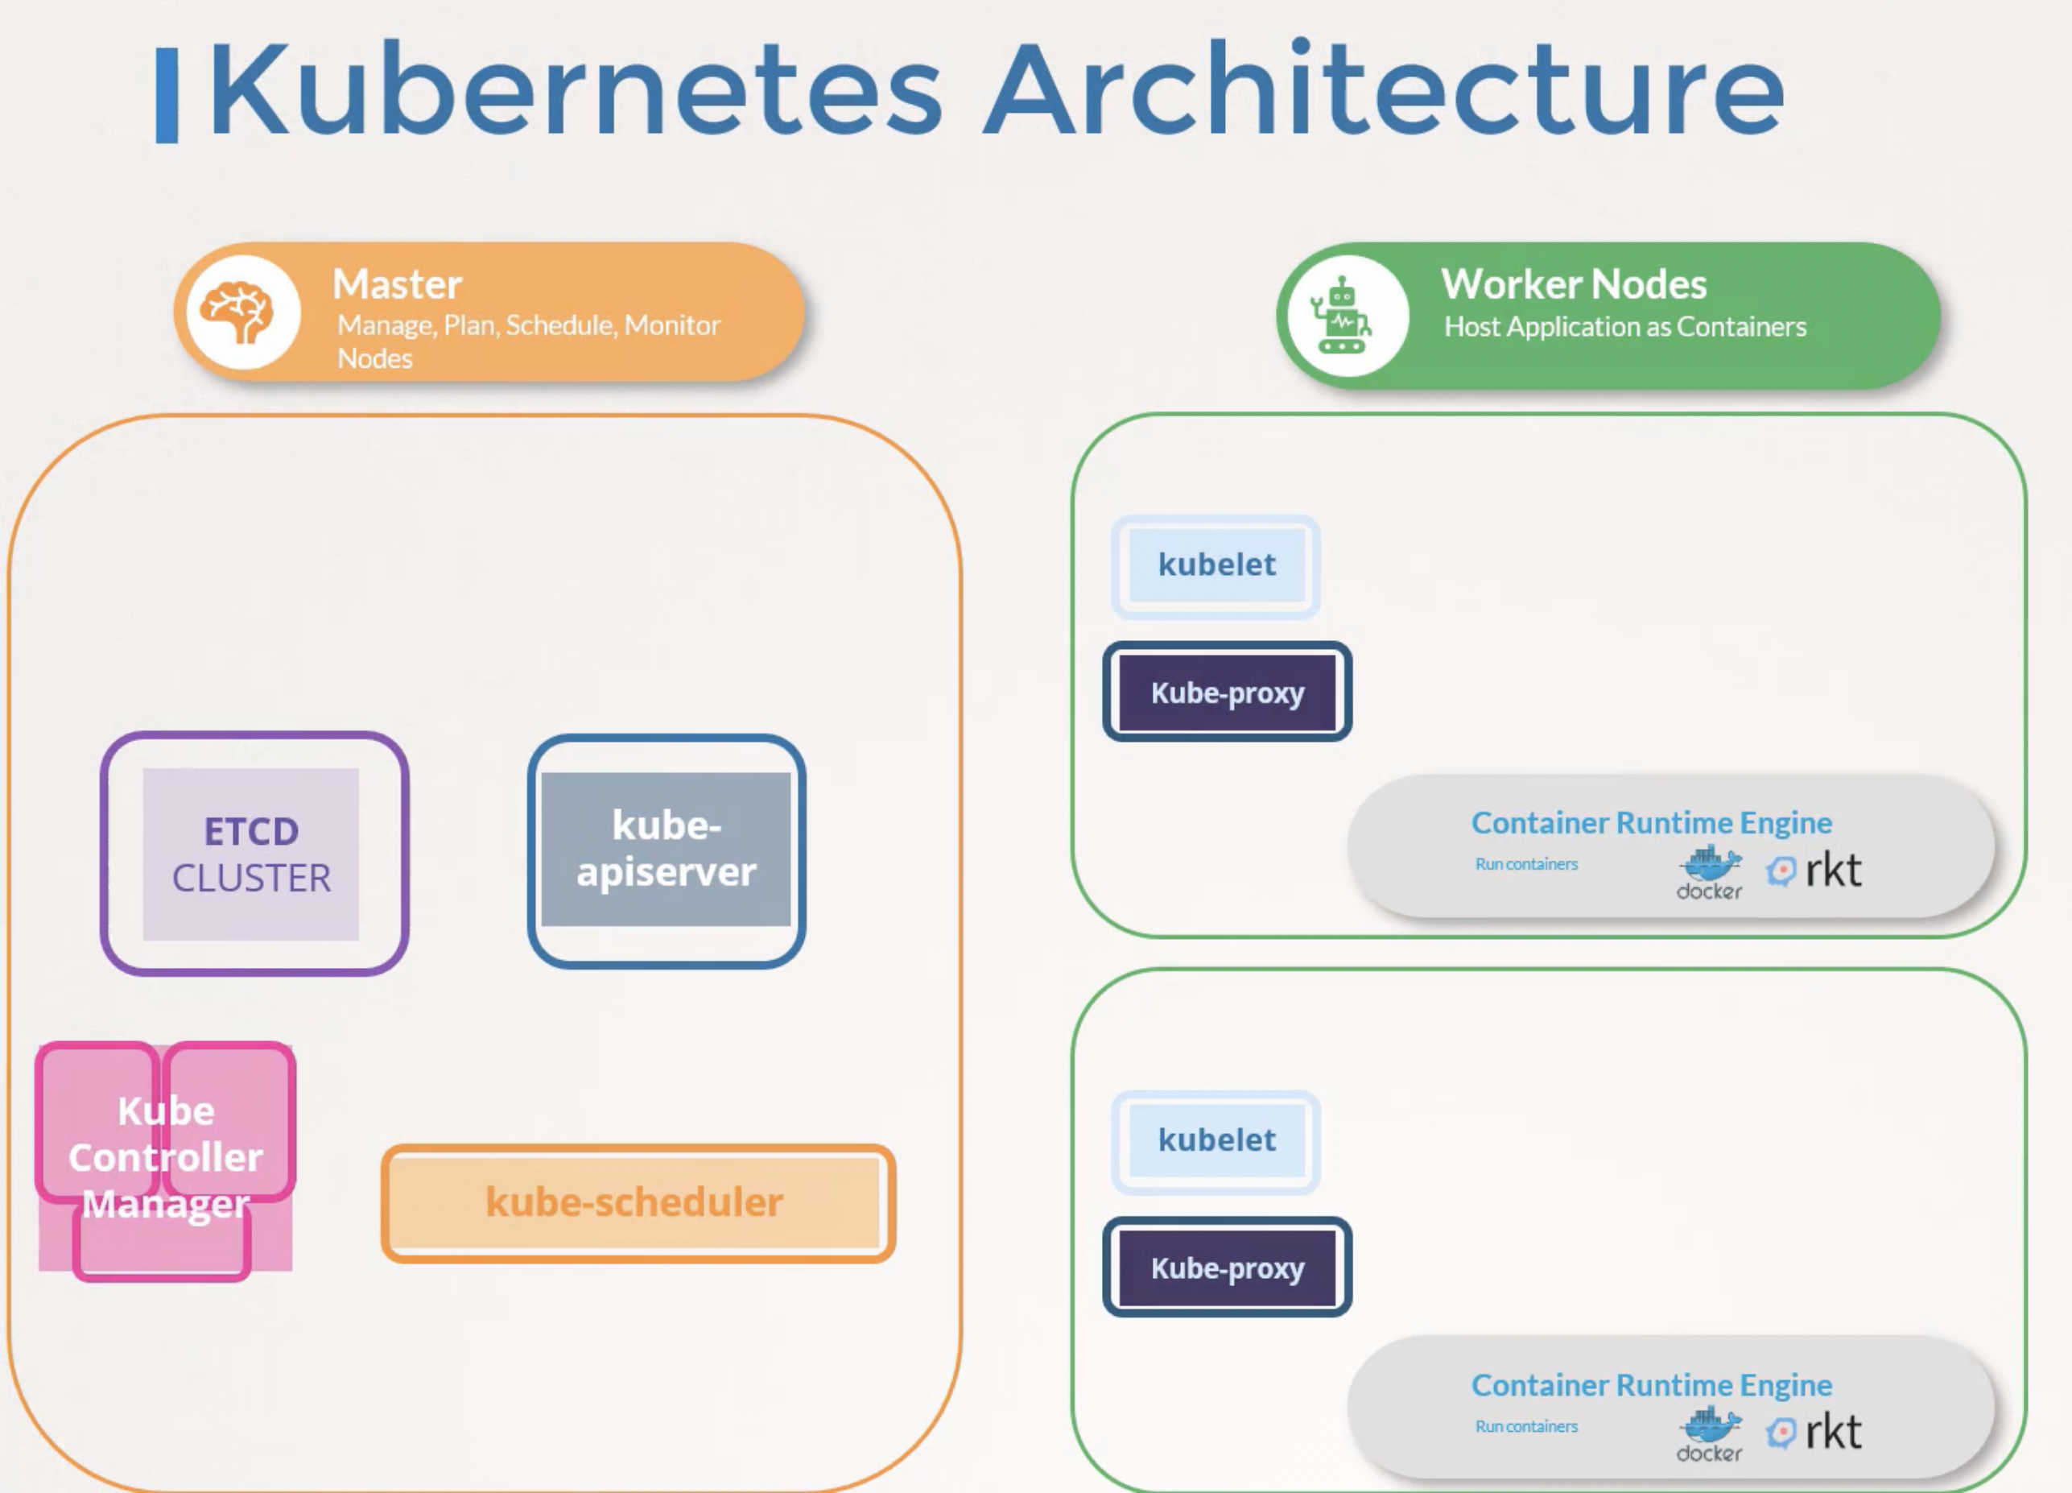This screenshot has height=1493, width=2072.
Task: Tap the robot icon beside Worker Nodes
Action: point(1340,315)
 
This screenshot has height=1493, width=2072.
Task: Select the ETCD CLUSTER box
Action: point(254,854)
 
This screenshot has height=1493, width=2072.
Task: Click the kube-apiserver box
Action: point(666,850)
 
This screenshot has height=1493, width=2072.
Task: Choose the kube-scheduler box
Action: point(638,1202)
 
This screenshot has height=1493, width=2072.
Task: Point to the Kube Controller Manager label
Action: point(165,1156)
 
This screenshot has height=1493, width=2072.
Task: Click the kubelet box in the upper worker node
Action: point(1216,565)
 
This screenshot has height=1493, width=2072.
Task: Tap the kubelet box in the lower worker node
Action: point(1216,1141)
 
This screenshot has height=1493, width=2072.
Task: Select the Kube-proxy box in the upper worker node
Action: point(1227,692)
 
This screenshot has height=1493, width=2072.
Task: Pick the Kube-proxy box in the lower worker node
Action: point(1227,1268)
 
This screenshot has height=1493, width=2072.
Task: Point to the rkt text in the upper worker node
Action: point(1833,870)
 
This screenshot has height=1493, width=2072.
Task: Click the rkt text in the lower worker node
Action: point(1833,1432)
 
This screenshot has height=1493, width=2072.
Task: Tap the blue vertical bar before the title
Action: point(167,95)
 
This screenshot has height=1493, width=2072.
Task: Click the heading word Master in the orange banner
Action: point(398,284)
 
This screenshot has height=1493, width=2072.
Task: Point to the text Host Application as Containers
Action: point(1625,327)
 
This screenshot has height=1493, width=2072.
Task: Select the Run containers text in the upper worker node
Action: point(1526,864)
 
